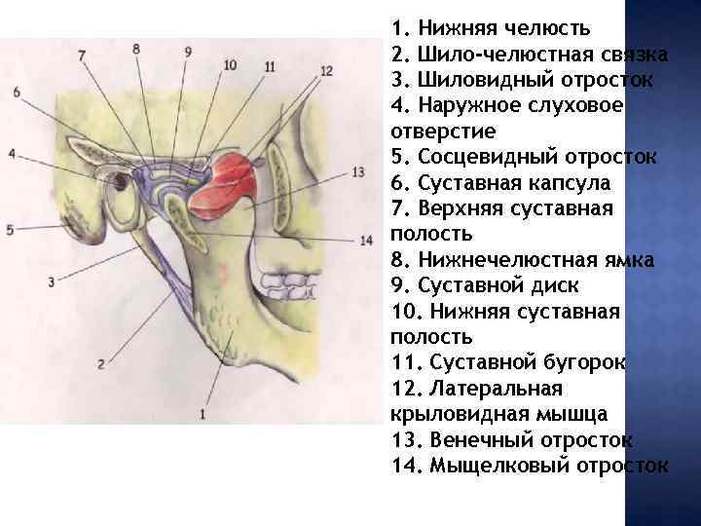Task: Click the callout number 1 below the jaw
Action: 203,414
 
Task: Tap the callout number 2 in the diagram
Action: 100,364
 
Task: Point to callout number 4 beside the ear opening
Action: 11,154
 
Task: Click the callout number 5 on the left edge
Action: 10,230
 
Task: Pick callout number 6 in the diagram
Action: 18,92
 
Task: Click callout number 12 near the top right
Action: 326,70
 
